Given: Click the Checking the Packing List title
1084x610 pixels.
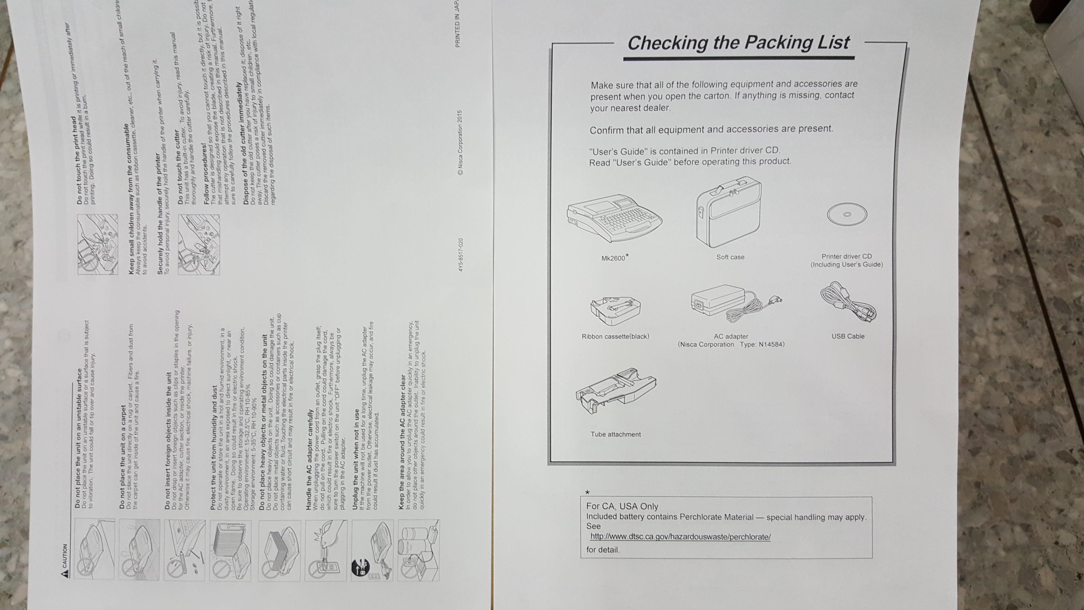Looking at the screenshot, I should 739,43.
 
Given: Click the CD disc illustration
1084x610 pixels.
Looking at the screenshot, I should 847,215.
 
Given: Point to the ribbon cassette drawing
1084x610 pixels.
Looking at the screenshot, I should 616,311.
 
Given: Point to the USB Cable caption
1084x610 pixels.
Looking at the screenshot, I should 848,336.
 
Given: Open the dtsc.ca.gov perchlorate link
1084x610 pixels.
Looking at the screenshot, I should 680,537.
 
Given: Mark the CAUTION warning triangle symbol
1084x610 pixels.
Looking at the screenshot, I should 65,573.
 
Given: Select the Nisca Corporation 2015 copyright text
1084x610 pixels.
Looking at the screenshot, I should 460,143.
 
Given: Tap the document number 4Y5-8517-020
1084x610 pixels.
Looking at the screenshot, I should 461,255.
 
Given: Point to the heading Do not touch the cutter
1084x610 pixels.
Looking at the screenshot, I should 177,167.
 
